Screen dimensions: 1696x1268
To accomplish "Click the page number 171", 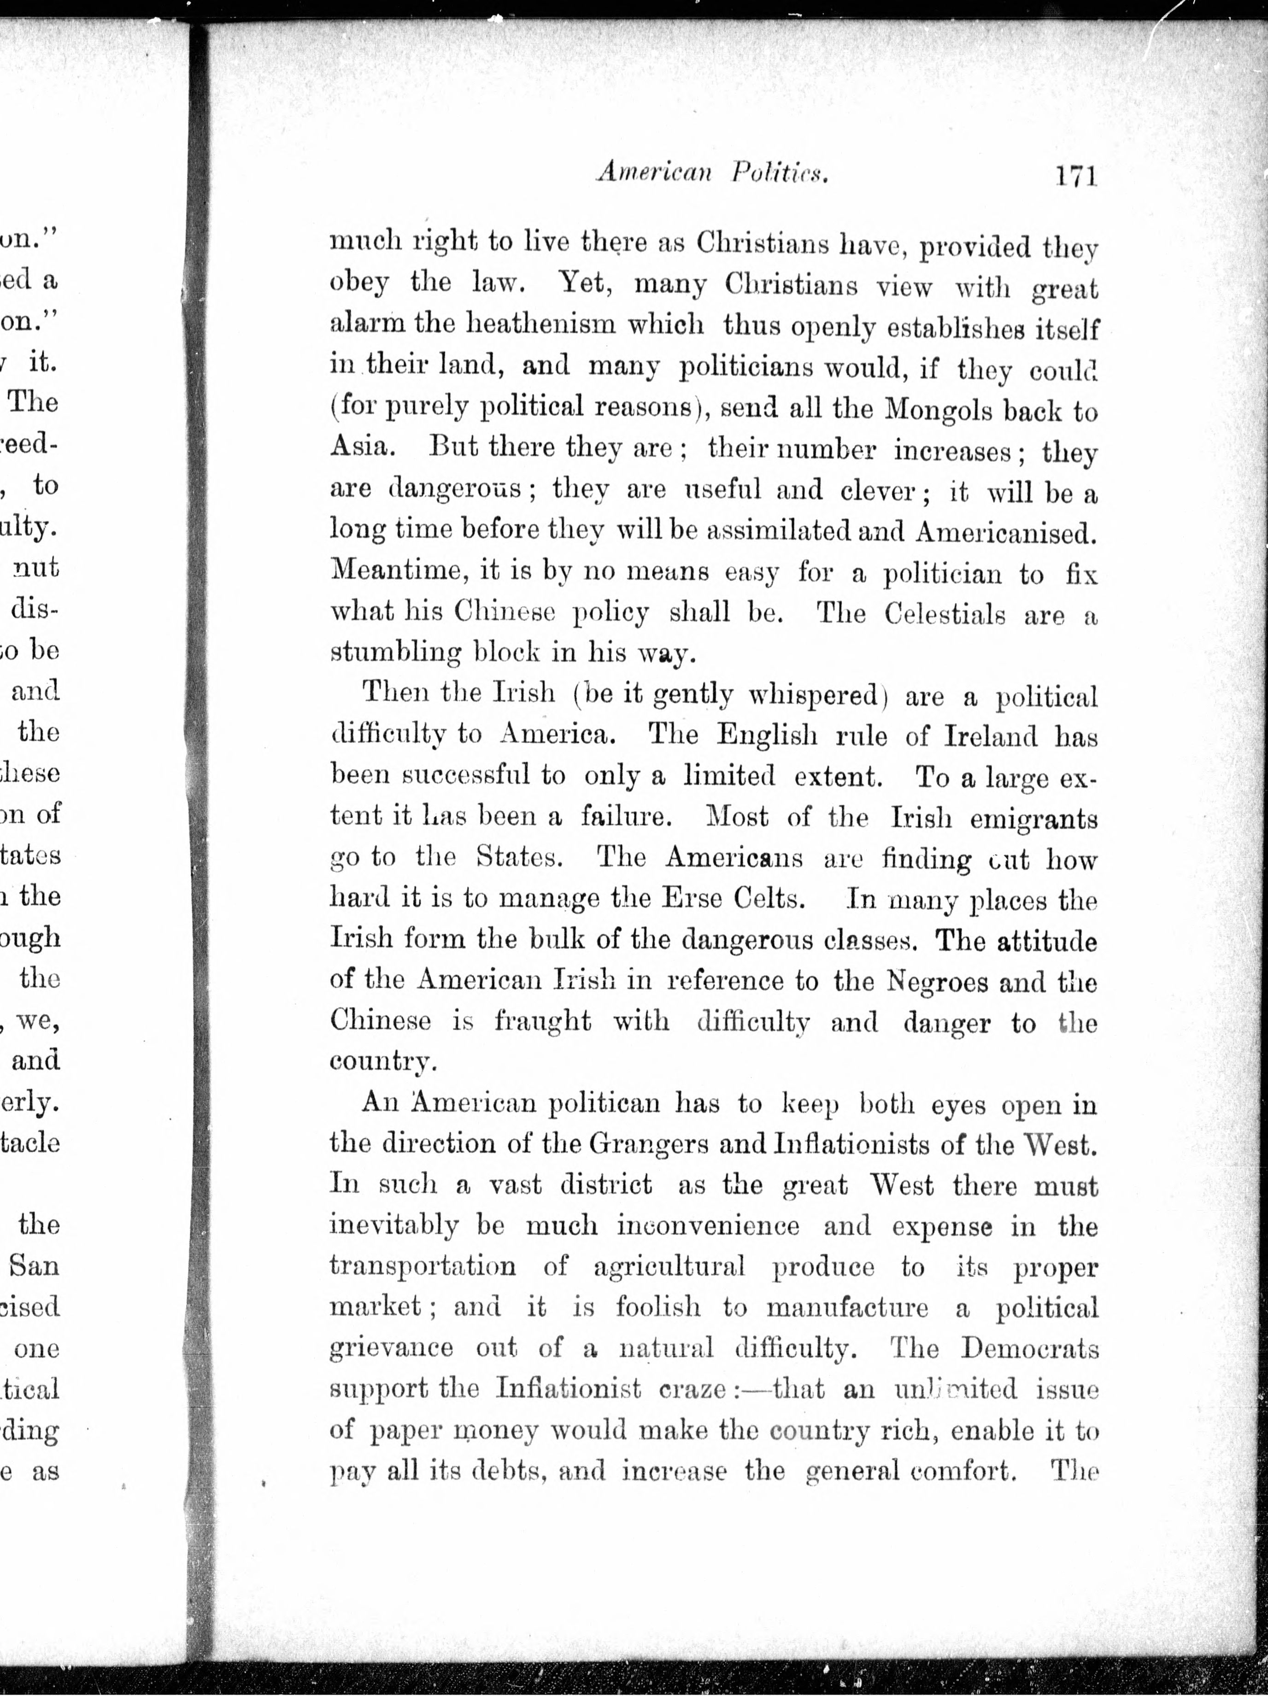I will (x=1075, y=177).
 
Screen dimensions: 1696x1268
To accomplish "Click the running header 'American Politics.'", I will (x=713, y=175).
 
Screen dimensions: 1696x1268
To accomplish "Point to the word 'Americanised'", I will (x=1005, y=532).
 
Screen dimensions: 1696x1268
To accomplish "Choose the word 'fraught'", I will (x=543, y=1023).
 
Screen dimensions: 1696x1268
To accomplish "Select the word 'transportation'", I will (x=423, y=1266).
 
